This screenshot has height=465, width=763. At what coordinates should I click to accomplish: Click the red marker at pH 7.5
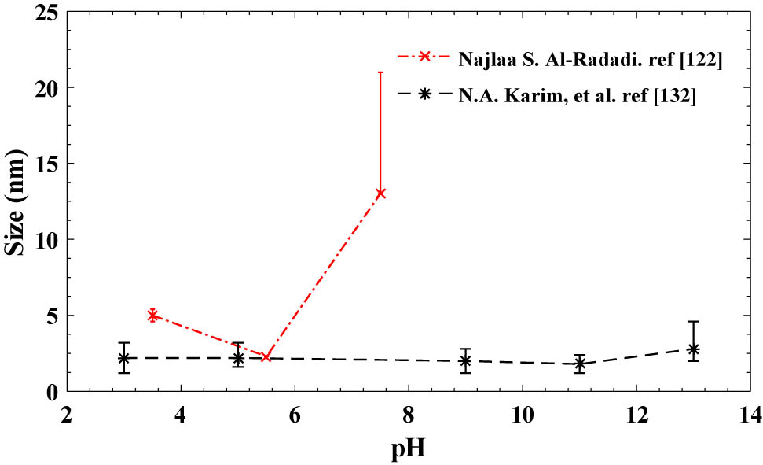click(380, 194)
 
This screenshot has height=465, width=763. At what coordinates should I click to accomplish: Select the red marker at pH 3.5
click(152, 315)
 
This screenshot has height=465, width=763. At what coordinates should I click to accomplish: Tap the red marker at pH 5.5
click(266, 356)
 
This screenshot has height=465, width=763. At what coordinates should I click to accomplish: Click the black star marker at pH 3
click(123, 358)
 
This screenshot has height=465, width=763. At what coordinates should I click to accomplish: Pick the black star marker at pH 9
click(465, 361)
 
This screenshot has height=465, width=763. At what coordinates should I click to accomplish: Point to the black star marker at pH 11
click(580, 364)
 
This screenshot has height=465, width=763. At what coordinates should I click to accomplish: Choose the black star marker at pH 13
click(693, 349)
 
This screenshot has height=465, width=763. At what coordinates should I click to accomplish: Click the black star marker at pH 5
click(238, 358)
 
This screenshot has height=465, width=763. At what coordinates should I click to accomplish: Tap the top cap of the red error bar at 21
click(380, 72)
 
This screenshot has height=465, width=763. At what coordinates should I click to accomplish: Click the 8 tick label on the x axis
click(409, 414)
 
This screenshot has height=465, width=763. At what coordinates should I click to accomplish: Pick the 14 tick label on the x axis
click(749, 414)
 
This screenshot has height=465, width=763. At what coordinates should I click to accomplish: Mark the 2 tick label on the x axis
click(68, 414)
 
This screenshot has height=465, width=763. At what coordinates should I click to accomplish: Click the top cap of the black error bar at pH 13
click(693, 321)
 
